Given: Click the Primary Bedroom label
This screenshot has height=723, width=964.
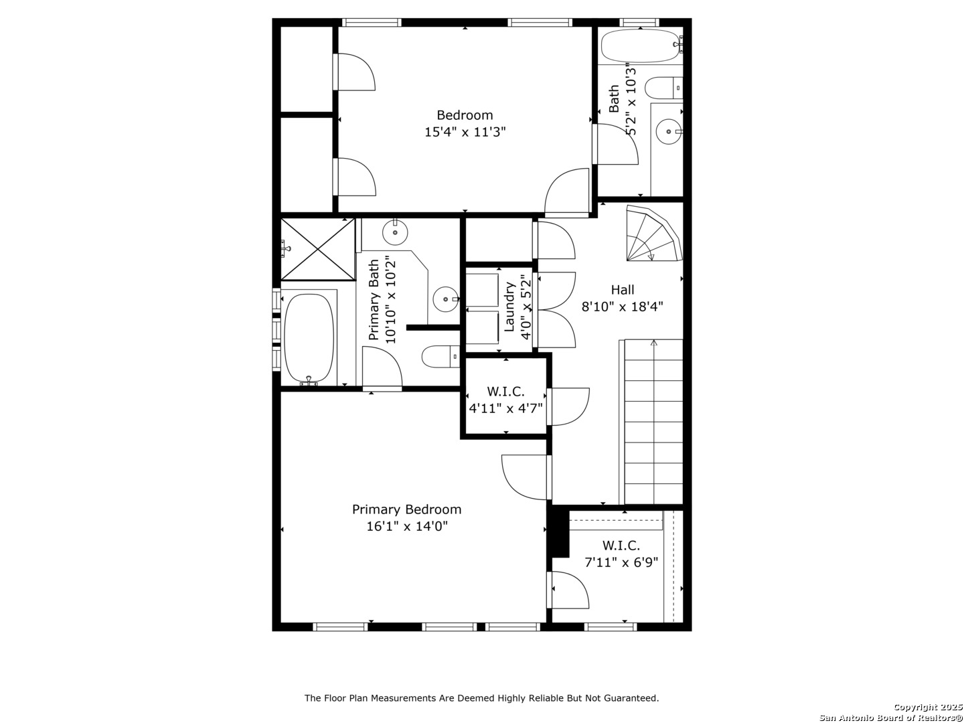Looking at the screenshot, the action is tap(406, 509).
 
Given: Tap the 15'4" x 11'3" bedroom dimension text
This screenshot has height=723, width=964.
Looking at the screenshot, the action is tap(465, 132).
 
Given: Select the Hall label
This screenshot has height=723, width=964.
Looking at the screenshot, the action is tap(623, 290).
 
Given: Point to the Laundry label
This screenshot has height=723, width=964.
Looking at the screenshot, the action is tap(509, 307).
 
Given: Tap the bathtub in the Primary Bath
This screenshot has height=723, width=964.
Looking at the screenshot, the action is tap(309, 338).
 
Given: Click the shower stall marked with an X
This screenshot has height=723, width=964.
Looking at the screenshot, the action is tap(317, 249).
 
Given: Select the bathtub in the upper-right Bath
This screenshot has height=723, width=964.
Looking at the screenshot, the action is tap(641, 46).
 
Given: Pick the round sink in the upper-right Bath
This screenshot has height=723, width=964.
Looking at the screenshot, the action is tap(669, 131).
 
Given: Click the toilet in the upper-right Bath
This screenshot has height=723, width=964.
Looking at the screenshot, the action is tap(663, 88).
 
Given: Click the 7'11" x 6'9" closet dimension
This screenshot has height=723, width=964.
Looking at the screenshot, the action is tap(621, 562).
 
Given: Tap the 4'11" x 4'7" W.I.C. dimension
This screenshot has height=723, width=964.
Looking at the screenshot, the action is tap(505, 408).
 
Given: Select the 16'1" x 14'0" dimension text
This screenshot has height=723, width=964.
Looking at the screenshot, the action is tap(406, 526).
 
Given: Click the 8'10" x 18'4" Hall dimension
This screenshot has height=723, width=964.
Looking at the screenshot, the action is tap(623, 307).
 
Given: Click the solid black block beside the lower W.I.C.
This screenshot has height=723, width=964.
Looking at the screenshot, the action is tap(560, 531).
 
